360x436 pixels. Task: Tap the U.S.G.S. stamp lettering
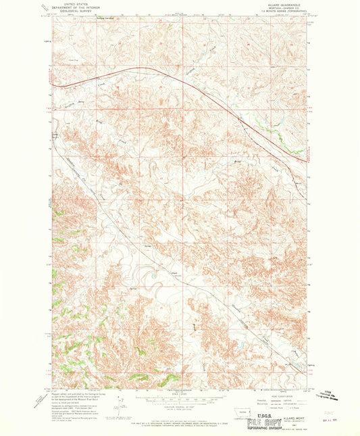(x=267, y=410)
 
